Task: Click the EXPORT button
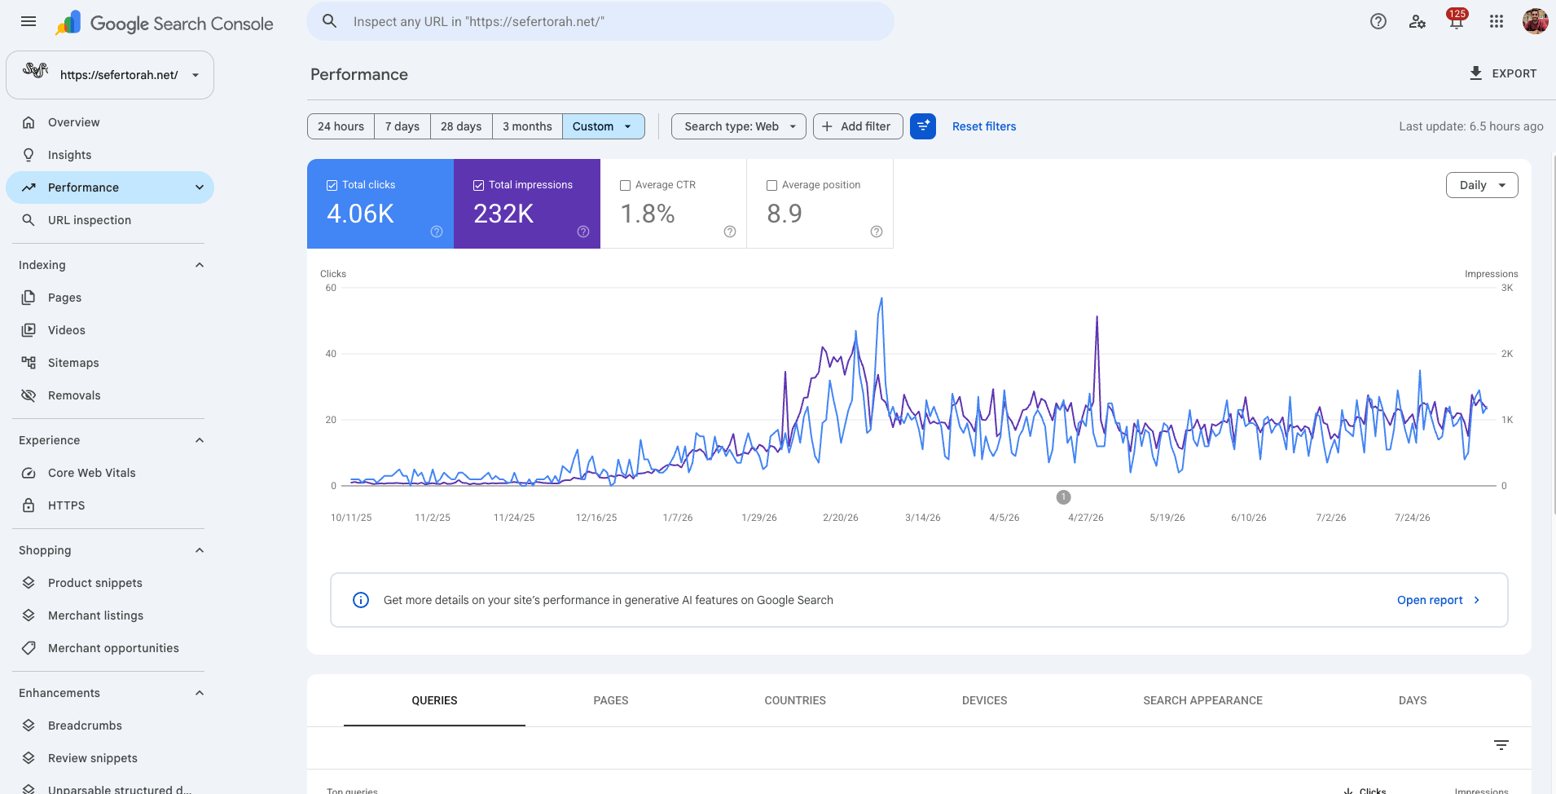1502,73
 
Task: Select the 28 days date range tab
461,126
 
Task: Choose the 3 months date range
527,126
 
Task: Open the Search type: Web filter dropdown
739,126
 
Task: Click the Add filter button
858,126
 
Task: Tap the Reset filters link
984,126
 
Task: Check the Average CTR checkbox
626,185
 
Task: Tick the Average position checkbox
772,185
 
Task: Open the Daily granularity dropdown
1482,185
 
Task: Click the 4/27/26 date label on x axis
1086,518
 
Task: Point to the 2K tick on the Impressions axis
1507,354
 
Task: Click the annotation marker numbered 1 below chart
1063,497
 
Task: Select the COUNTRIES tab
795,700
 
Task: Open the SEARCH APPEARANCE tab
1202,700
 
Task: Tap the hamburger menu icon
29,22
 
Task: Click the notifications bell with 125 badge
1457,21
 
